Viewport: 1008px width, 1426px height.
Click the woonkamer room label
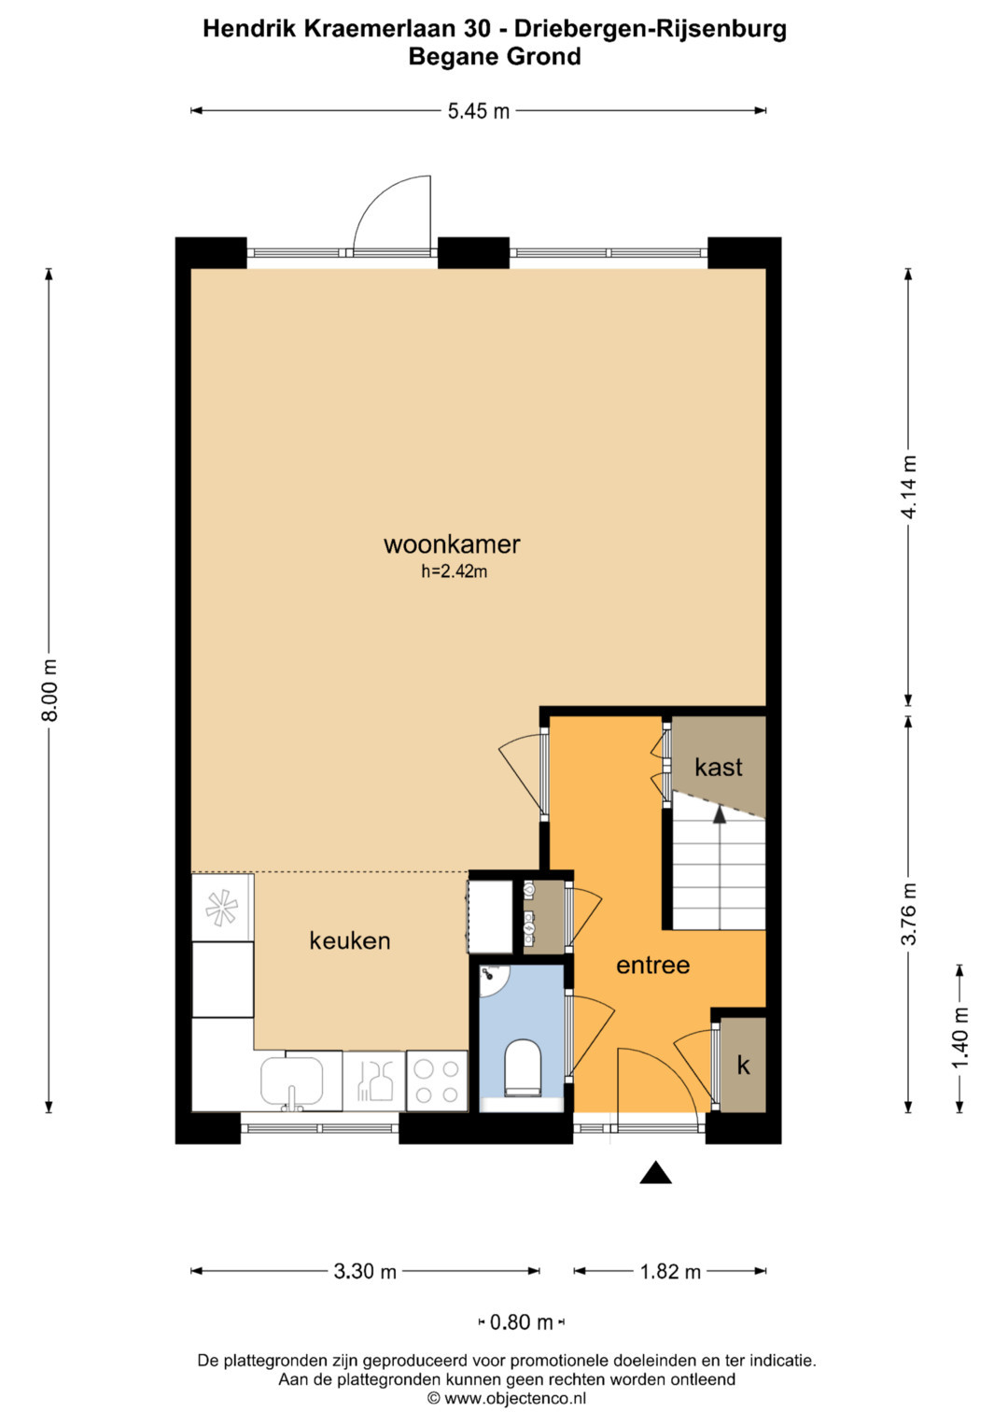[x=452, y=545]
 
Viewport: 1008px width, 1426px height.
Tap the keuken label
[x=349, y=940]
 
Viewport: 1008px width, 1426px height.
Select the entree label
[x=653, y=965]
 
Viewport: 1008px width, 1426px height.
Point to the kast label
[x=719, y=767]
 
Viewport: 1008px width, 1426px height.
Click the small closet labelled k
[x=743, y=1065]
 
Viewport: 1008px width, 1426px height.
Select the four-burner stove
[x=437, y=1080]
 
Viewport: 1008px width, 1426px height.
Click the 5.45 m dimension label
[x=479, y=111]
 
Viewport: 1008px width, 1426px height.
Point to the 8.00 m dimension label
[x=49, y=690]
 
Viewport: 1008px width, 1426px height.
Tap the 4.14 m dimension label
[x=909, y=487]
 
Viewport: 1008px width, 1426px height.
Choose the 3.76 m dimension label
[x=909, y=914]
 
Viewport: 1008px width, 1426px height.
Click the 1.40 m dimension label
[x=960, y=1038]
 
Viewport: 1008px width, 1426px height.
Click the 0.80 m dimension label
[x=521, y=1322]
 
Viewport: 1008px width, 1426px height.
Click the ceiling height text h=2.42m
[x=454, y=572]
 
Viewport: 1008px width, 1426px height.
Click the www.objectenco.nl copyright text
[x=507, y=1398]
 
